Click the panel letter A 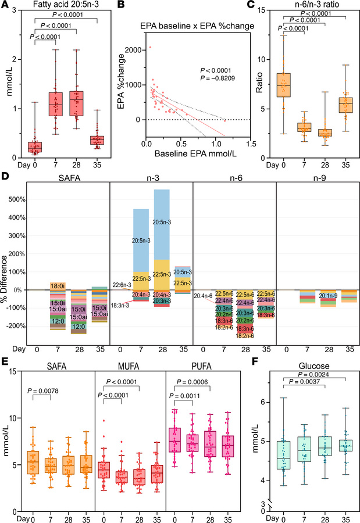(x=6, y=6)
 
